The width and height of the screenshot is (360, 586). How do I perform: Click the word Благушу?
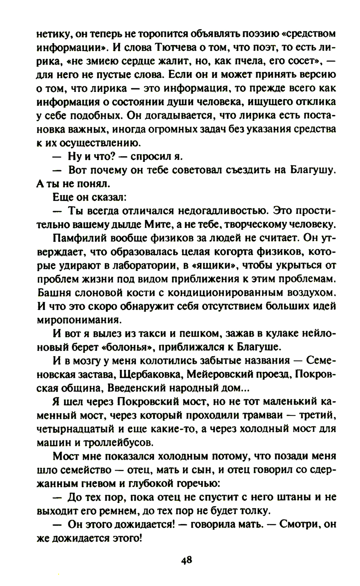[x=313, y=170]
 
